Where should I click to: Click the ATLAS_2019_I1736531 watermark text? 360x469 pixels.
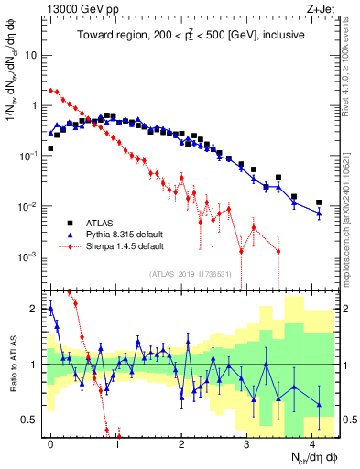(191, 274)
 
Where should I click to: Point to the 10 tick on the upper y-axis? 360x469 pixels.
(31, 55)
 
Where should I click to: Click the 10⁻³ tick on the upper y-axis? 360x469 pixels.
(29, 256)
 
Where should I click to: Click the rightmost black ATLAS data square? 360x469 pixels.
(319, 202)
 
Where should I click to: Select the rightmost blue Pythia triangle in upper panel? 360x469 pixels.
(319, 213)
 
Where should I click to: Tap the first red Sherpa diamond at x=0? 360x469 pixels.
(51, 91)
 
